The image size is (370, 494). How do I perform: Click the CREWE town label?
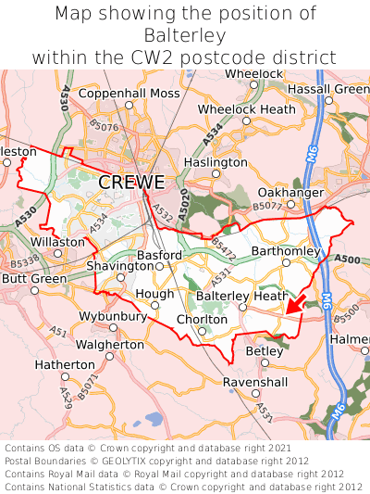point(131,183)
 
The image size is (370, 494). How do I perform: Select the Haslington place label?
point(216,161)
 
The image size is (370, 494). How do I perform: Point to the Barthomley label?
point(286,251)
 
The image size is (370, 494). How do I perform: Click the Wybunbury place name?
point(113,316)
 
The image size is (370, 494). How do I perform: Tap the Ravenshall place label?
point(255,382)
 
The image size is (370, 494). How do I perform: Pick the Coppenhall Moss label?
point(129,94)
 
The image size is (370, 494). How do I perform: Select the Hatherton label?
point(66,365)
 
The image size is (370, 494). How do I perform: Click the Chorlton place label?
point(203,320)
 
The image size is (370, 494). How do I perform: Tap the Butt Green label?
point(34,278)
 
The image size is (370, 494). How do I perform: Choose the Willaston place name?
point(57,241)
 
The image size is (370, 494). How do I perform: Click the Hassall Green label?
point(327,89)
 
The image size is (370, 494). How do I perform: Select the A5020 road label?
point(183,204)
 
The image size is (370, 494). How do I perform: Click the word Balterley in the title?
point(185,35)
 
